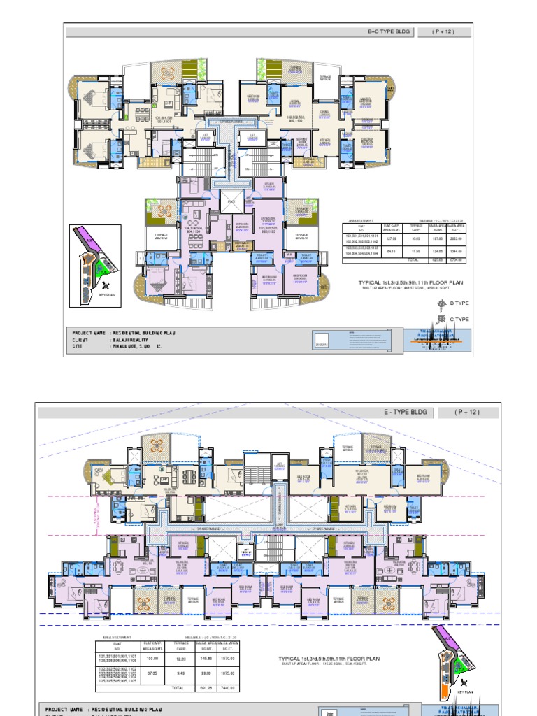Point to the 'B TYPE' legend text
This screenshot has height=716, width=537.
tap(459, 303)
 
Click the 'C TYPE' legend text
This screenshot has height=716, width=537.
tap(459, 319)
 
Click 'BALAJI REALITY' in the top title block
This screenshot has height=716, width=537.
tap(134, 339)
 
